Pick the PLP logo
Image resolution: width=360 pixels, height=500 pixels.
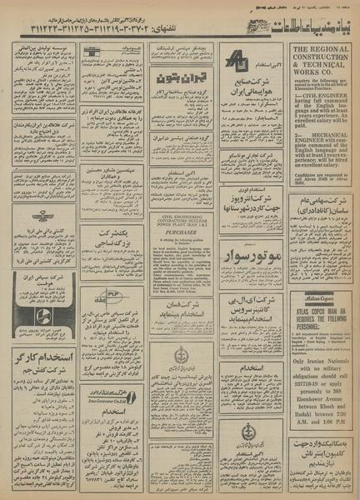coord(111,294)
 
